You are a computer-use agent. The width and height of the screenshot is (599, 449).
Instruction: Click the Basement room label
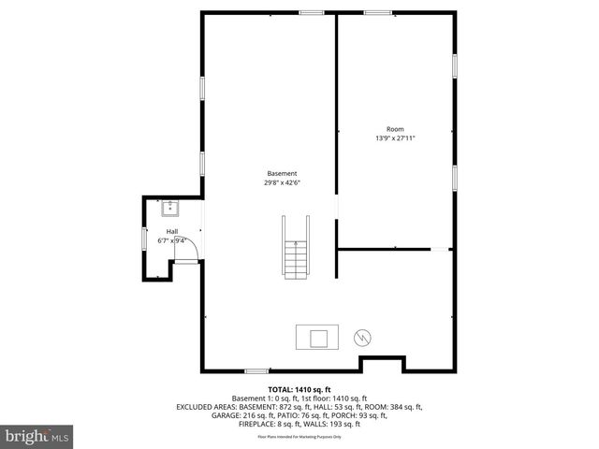coord(282,173)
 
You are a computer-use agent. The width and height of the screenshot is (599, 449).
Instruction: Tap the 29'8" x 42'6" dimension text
coord(282,183)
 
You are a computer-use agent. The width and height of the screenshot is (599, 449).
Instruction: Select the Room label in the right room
coord(395,128)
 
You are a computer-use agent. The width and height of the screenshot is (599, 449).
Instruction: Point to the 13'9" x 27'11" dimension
coord(395,138)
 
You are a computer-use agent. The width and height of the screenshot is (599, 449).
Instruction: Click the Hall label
coord(172,231)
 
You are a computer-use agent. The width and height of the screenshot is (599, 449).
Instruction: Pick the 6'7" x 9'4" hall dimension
coord(173,240)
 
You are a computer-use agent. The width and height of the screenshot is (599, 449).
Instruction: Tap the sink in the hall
coord(169,207)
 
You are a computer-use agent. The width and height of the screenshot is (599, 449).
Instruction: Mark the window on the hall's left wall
coord(143,239)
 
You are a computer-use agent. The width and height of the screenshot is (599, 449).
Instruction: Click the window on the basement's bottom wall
coord(256,371)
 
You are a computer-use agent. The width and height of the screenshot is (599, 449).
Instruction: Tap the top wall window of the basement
coord(312,12)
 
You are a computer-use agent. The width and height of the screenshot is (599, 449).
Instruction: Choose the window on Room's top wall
coord(377,12)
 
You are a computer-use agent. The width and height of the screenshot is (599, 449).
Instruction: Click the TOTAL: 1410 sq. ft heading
coord(299,389)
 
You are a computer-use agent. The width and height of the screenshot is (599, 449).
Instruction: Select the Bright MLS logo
coord(37,435)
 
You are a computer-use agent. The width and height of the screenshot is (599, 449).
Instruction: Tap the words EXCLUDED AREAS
coord(209,407)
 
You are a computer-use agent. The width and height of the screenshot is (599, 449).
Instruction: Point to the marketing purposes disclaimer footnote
coord(299,437)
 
